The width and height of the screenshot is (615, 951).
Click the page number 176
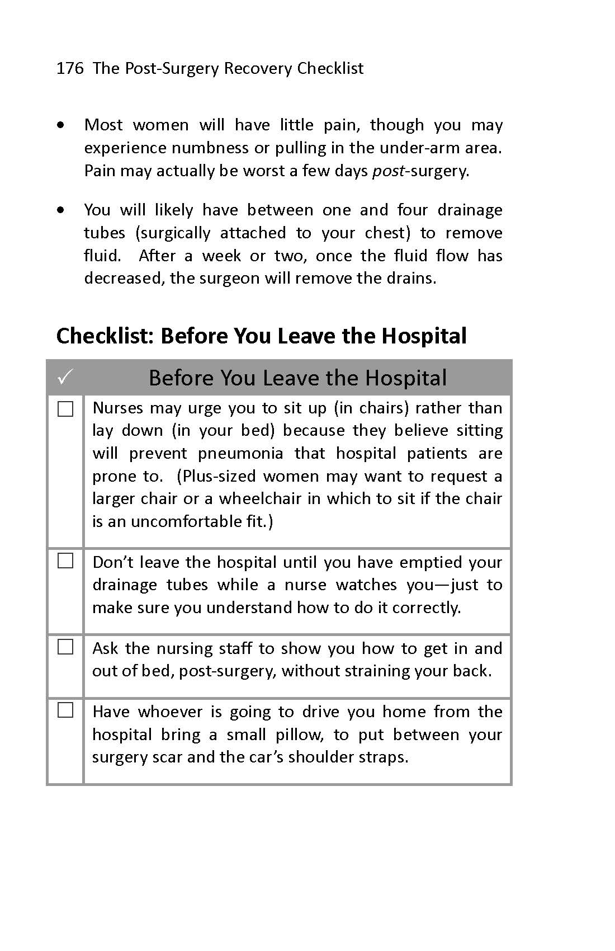[70, 68]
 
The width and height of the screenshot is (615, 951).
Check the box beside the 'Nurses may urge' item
[65, 409]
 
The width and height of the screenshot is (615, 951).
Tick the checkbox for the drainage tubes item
[65, 561]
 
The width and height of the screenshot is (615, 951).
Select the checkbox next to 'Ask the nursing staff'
[65, 647]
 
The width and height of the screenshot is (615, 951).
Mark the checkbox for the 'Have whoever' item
[65, 710]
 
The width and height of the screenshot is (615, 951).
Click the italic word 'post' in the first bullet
[388, 171]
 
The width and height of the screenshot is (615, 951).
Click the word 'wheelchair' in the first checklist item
[260, 498]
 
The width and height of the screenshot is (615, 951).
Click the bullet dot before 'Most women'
[61, 125]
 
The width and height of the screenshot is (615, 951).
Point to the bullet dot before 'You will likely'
[61, 210]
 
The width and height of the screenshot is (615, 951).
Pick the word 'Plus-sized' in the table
[217, 476]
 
